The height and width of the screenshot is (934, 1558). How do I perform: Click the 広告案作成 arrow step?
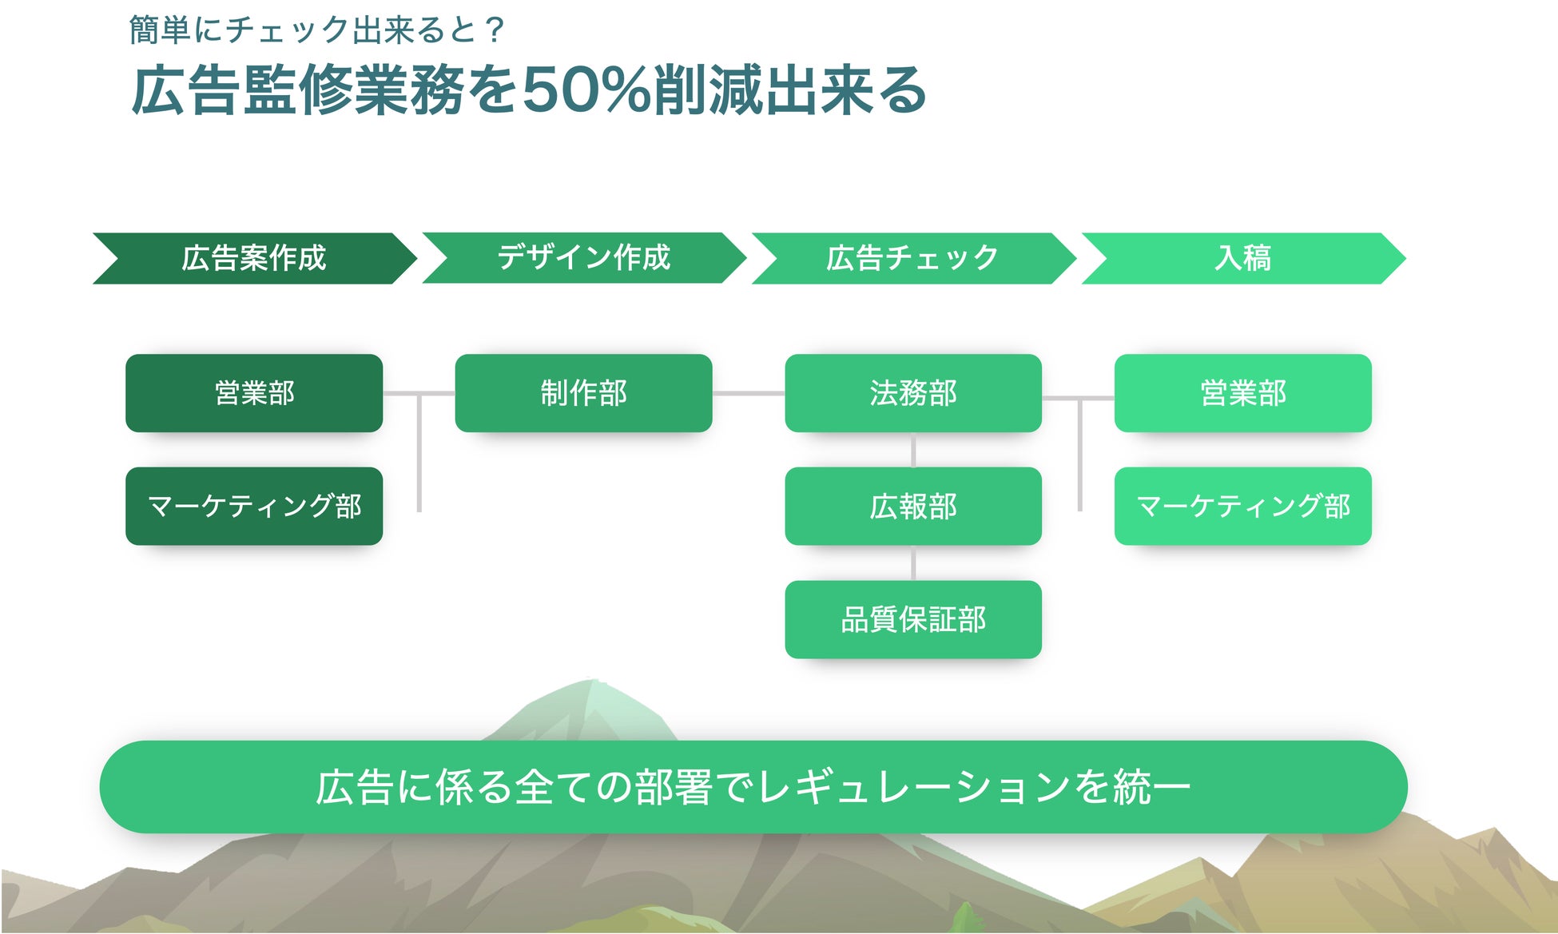click(x=254, y=258)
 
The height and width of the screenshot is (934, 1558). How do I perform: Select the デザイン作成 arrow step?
click(x=583, y=258)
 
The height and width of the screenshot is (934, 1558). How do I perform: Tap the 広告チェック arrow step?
click(x=912, y=258)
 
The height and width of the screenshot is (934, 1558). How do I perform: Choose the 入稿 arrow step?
click(x=1242, y=258)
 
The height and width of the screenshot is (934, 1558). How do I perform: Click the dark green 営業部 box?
click(x=254, y=393)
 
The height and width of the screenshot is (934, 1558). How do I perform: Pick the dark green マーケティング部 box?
click(x=254, y=507)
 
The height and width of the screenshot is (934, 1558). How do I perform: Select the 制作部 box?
click(x=583, y=393)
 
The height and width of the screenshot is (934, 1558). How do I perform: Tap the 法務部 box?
click(x=913, y=393)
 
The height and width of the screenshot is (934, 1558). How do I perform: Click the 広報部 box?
click(x=913, y=507)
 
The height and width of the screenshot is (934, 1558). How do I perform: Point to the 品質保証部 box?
click(x=913, y=620)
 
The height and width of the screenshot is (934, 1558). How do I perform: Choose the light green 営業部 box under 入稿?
click(x=1242, y=393)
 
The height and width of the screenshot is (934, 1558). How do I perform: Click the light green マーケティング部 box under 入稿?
click(x=1242, y=507)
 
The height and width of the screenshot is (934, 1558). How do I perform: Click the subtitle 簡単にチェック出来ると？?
click(x=316, y=30)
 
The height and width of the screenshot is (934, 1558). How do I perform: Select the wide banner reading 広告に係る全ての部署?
click(x=753, y=787)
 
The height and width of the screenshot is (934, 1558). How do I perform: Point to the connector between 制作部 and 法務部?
click(x=749, y=393)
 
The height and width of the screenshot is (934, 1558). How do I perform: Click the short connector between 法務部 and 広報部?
click(x=913, y=450)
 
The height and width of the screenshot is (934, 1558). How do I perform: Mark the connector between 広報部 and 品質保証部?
click(x=913, y=563)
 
